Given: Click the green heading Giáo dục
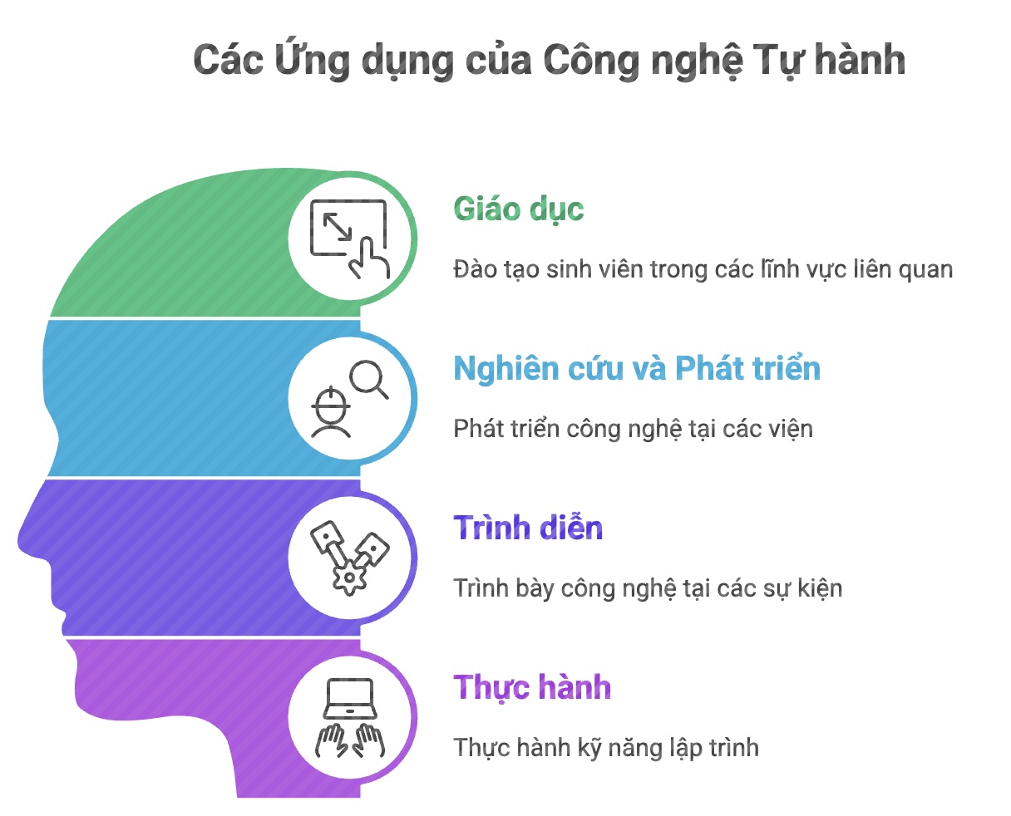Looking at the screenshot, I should [518, 209].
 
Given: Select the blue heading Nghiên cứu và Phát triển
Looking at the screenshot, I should [637, 368].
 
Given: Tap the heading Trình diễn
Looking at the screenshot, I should [528, 528].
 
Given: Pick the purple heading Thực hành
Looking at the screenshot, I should [532, 687].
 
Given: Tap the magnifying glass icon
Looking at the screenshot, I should [368, 378].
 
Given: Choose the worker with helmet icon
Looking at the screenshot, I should [331, 412].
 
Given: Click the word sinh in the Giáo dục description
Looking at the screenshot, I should [565, 269].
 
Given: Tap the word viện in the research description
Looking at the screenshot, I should [791, 429].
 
